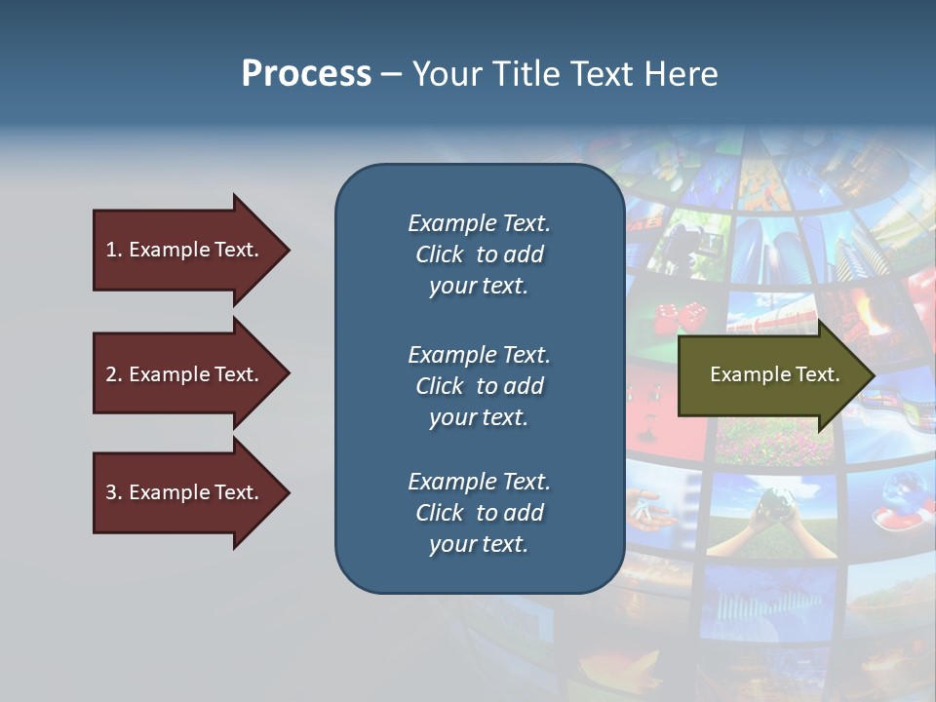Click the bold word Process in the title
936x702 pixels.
click(306, 74)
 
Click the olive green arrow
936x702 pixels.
click(770, 375)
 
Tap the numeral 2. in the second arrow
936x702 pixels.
click(114, 374)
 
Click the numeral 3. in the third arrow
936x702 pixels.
click(114, 492)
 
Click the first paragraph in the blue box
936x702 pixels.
click(479, 254)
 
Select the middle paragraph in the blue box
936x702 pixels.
click(479, 385)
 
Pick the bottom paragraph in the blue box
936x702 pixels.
click(479, 513)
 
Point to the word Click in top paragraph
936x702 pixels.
click(440, 254)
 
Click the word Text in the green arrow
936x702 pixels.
click(817, 374)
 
